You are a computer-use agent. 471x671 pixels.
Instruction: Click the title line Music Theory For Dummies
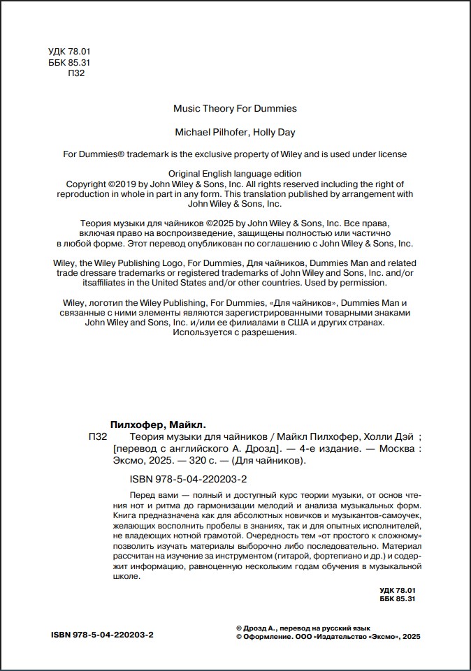235,108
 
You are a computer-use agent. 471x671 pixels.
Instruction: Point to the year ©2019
122,184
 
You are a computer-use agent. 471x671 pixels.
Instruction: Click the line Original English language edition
235,173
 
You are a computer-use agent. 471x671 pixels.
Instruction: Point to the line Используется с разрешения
235,334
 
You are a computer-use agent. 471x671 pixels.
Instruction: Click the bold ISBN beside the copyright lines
103,635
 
